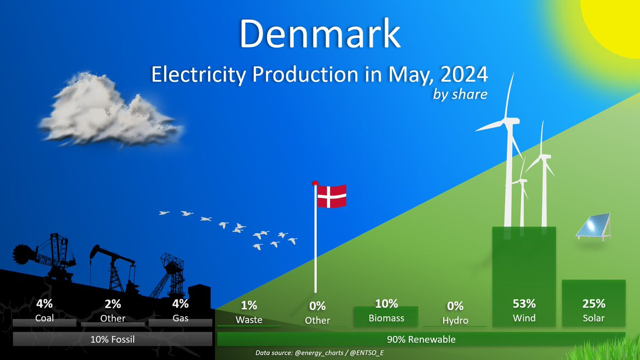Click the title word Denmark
click(319, 34)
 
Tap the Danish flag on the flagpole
click(332, 196)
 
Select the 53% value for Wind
click(524, 303)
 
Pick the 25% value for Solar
click(594, 303)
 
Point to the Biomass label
click(386, 318)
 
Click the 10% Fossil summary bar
click(113, 339)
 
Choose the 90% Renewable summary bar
click(421, 339)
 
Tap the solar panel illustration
click(594, 227)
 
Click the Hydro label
click(455, 321)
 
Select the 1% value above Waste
click(249, 306)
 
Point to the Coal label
click(44, 318)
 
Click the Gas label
click(180, 318)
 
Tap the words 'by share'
click(460, 94)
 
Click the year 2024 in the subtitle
click(464, 74)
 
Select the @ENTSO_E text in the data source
click(366, 353)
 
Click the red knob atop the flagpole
click(315, 183)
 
